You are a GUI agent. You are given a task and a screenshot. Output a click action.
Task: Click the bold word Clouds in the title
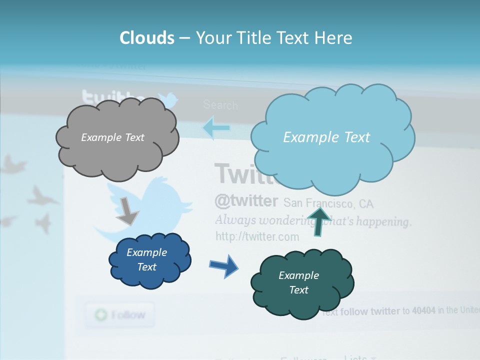[146, 38]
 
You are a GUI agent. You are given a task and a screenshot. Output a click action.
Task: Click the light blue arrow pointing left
[216, 128]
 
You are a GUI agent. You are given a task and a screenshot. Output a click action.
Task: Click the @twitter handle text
[246, 201]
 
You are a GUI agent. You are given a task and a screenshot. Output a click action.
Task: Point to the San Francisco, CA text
[328, 203]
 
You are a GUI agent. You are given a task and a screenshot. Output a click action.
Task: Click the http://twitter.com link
[257, 236]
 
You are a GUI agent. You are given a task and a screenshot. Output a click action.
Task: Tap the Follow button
[119, 315]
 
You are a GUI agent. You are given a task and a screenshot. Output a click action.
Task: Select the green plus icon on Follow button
[101, 315]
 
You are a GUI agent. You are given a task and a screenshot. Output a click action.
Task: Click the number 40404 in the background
[423, 311]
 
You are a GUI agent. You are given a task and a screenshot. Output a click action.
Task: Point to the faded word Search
[220, 105]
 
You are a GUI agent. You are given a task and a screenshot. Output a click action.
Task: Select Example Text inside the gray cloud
[112, 137]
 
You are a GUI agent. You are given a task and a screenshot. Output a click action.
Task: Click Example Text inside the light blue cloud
[326, 137]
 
